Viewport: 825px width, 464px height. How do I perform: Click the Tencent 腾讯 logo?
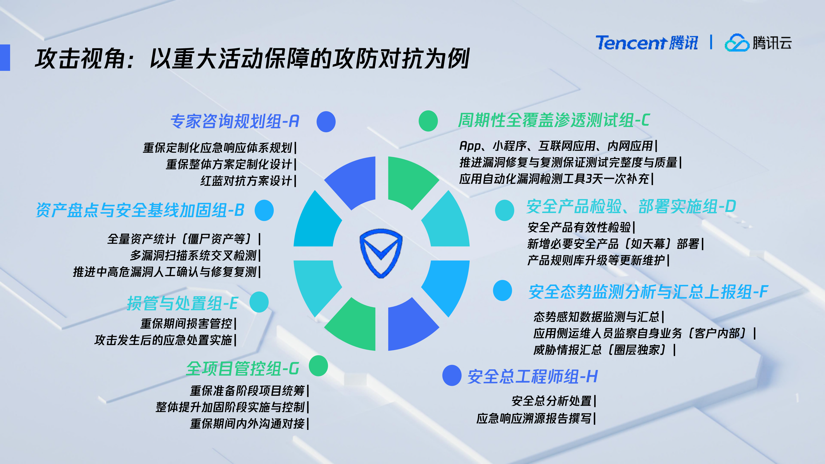tap(646, 43)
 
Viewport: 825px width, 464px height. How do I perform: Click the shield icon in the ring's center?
tap(381, 253)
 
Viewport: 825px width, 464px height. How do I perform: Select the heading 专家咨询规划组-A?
tap(235, 121)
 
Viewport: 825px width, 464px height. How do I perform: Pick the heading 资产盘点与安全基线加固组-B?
tap(140, 210)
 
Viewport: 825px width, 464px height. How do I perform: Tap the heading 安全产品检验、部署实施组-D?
tap(631, 206)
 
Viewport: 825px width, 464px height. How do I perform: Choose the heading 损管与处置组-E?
tap(182, 303)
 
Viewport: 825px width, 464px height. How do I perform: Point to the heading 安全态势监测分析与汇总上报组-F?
tap(648, 292)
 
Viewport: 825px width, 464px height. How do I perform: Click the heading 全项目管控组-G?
tap(242, 368)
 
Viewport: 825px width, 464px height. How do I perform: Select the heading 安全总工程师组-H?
tap(532, 376)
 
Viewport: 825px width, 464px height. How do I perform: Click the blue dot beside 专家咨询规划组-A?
tap(326, 122)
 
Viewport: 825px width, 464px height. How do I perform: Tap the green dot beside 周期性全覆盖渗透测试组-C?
tap(428, 121)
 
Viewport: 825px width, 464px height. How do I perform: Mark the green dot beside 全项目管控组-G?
tap(318, 366)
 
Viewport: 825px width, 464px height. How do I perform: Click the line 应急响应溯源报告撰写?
tap(534, 418)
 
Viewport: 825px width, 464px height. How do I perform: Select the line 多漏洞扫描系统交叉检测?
tap(193, 255)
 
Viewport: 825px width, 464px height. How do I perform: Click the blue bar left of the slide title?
tap(5, 57)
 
